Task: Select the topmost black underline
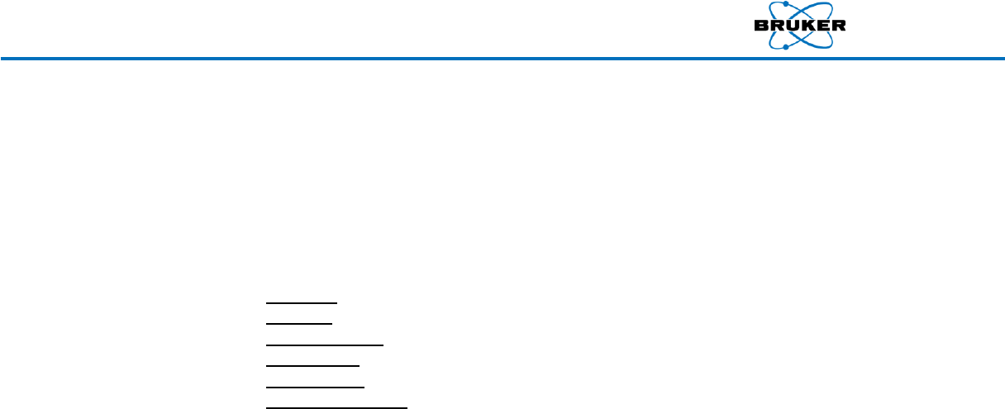coord(232,303)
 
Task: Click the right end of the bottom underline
coord(407,407)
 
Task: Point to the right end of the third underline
coord(383,344)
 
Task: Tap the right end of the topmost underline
coord(198,303)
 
